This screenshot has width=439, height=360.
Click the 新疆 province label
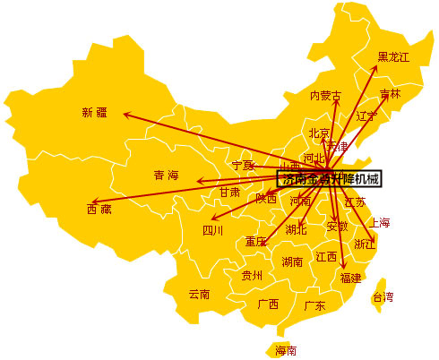pyautogui.click(x=94, y=112)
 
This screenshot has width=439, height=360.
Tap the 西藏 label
pyautogui.click(x=99, y=210)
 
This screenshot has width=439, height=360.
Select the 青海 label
pyautogui.click(x=167, y=175)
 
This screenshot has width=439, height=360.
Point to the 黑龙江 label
pyautogui.click(x=392, y=57)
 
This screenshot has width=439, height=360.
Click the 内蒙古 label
pyautogui.click(x=325, y=95)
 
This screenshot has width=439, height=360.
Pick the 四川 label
pyautogui.click(x=212, y=230)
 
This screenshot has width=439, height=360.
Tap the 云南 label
pyautogui.click(x=199, y=294)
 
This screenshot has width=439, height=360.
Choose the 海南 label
pyautogui.click(x=286, y=349)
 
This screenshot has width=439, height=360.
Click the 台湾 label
pyautogui.click(x=383, y=296)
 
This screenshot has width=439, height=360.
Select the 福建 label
pyautogui.click(x=350, y=278)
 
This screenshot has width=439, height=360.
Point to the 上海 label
pyautogui.click(x=380, y=222)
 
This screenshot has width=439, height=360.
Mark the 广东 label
pyautogui.click(x=314, y=305)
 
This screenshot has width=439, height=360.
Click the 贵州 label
pyautogui.click(x=252, y=276)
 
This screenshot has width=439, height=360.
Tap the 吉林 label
pyautogui.click(x=390, y=93)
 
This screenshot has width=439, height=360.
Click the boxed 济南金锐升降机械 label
pyautogui.click(x=330, y=179)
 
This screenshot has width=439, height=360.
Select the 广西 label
pyautogui.click(x=268, y=304)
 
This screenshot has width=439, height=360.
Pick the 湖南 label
pyautogui.click(x=292, y=262)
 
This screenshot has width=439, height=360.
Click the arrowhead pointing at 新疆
pyautogui.click(x=125, y=114)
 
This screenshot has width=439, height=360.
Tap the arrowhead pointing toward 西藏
pyautogui.click(x=93, y=202)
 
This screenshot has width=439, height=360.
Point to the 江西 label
pyautogui.click(x=326, y=257)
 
